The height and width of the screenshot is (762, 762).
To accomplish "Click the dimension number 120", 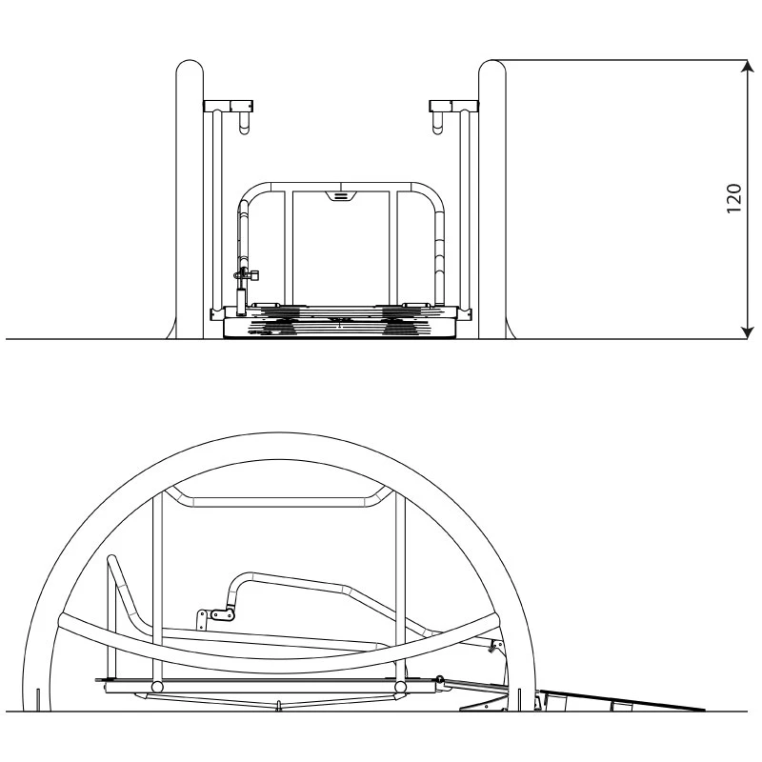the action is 733,198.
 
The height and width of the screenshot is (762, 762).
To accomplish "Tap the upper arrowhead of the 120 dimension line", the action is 748,67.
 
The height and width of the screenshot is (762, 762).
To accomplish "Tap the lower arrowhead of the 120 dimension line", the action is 748,332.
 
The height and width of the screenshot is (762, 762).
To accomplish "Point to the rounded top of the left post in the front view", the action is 190,68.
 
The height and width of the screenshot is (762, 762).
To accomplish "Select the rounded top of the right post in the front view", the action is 492,68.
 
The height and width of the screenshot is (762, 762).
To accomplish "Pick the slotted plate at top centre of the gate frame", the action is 341,196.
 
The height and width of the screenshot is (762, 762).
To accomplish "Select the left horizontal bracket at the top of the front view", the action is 229,106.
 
